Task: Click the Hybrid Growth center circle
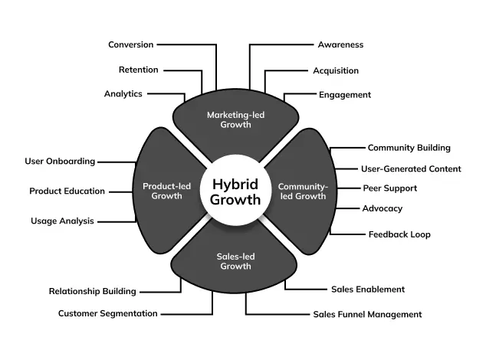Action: tap(235, 192)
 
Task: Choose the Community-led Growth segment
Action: tap(303, 191)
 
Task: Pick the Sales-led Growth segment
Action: tap(235, 262)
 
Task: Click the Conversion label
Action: tap(130, 44)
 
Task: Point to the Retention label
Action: tap(138, 70)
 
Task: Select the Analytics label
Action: tap(123, 93)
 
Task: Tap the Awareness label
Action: tap(340, 44)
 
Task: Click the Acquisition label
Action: tap(336, 70)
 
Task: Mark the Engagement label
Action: tap(345, 95)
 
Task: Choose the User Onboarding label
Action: tap(60, 162)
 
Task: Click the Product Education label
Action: tap(67, 191)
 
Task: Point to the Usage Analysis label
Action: tap(62, 221)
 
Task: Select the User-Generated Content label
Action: tap(411, 169)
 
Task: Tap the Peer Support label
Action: tap(390, 188)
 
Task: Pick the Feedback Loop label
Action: tap(399, 234)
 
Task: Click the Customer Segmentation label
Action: tap(108, 313)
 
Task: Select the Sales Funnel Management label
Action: tap(367, 314)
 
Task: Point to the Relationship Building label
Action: tap(92, 291)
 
